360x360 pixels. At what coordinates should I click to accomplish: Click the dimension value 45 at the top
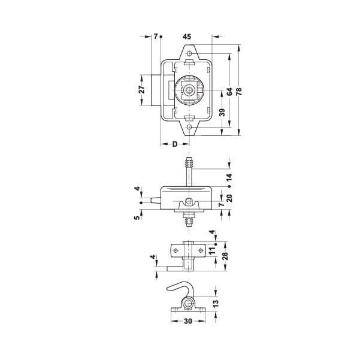pyautogui.click(x=187, y=37)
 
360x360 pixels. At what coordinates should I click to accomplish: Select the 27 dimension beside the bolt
pyautogui.click(x=143, y=89)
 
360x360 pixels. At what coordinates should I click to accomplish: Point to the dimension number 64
pyautogui.click(x=229, y=92)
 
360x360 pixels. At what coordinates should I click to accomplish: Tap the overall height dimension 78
pyautogui.click(x=239, y=92)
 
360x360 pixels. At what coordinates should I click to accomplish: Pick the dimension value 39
pyautogui.click(x=222, y=112)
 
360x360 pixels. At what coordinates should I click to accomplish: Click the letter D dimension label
pyautogui.click(x=175, y=144)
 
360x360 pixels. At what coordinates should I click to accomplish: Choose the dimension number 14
pyautogui.click(x=229, y=177)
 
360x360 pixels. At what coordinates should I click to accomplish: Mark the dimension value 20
pyautogui.click(x=229, y=198)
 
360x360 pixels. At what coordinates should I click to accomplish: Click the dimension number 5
pyautogui.click(x=137, y=217)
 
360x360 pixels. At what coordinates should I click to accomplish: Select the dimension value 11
pyautogui.click(x=213, y=250)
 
